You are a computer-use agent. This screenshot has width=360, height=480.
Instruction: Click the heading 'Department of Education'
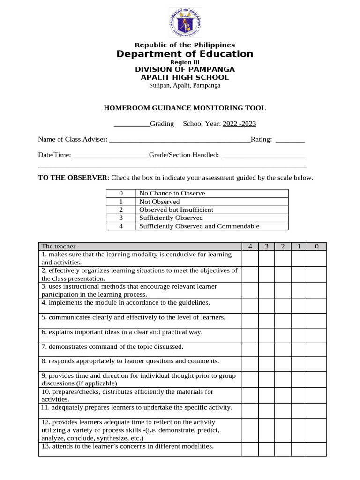click(185, 54)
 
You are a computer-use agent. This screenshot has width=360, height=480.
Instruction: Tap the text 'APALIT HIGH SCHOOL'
click(185, 77)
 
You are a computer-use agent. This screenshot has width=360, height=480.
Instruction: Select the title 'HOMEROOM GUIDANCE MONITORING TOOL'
click(184, 108)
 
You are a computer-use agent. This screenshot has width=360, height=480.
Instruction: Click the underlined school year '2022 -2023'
click(239, 124)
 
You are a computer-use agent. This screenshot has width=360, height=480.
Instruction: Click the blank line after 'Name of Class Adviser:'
click(180, 140)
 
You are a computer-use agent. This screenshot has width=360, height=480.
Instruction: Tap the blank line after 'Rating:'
click(290, 140)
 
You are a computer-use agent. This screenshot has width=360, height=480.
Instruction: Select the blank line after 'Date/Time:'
click(111, 155)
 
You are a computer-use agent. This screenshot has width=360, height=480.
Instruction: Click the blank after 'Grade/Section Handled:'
click(263, 155)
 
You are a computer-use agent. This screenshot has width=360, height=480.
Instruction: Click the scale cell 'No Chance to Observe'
click(172, 193)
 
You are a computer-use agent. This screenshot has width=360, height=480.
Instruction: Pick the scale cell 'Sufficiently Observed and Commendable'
click(199, 226)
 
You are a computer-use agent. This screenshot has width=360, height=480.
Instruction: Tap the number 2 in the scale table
click(121, 210)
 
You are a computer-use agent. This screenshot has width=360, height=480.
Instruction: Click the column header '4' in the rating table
click(250, 247)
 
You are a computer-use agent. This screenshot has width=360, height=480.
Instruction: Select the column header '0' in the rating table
click(317, 247)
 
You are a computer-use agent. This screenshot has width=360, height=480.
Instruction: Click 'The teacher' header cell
click(59, 247)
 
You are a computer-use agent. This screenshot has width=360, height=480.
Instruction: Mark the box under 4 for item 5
click(250, 320)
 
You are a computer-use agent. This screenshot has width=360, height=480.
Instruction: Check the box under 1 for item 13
click(299, 449)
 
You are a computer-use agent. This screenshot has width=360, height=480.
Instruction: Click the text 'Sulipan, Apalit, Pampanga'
click(185, 85)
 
